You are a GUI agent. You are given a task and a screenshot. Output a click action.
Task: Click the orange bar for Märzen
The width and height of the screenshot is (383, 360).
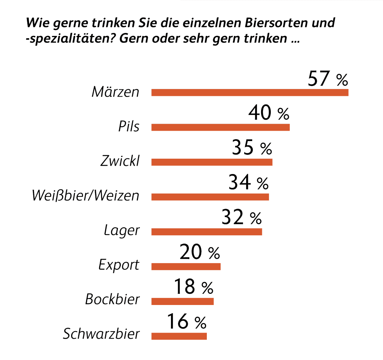pos(249,92)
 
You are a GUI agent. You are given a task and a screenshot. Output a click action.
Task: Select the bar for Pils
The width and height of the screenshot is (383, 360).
pos(220,127)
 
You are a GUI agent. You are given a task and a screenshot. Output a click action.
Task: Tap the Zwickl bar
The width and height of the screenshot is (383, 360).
pos(212,162)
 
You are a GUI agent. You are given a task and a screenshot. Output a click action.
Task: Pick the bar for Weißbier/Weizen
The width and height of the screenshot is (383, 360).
pos(210,197)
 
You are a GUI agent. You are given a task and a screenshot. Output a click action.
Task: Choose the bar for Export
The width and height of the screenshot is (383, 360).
pos(186,266)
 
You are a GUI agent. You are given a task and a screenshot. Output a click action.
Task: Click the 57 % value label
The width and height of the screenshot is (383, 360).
pos(328,79)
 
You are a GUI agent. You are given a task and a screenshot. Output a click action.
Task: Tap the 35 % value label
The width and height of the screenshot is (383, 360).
pos(251,148)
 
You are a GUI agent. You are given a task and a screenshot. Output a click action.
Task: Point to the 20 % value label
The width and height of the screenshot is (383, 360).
pos(199,253)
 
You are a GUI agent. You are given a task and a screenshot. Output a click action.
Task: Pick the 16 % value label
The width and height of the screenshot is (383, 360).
pos(186,321)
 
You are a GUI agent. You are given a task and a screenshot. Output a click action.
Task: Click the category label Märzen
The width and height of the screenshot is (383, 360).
pos(115,92)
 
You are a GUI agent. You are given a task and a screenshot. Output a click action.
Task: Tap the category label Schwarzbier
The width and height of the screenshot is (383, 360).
pos(101,334)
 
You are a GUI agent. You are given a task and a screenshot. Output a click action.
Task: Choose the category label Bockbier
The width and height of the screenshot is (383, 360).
pos(112,299)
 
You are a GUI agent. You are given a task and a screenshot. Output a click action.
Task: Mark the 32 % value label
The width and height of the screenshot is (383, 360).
pos(241,217)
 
